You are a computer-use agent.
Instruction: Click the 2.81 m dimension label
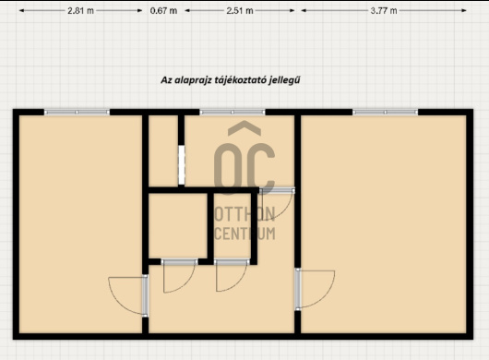coord(80,10)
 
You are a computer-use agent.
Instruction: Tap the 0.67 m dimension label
coord(163,10)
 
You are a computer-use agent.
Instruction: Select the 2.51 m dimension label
coord(240,10)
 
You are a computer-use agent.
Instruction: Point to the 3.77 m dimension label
coord(384,10)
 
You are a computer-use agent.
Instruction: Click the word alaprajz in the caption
coord(193,80)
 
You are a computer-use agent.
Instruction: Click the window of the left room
coord(77,112)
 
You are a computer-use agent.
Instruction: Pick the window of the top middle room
coord(232,112)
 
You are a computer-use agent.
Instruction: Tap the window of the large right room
coord(385,112)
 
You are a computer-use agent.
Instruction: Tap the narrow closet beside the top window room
coord(163,151)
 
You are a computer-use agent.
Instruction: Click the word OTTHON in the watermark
coord(244,214)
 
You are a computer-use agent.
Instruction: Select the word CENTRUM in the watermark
coord(244,234)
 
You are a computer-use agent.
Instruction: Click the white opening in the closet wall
coord(182,165)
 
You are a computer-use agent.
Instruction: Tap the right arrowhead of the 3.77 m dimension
coord(464,10)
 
